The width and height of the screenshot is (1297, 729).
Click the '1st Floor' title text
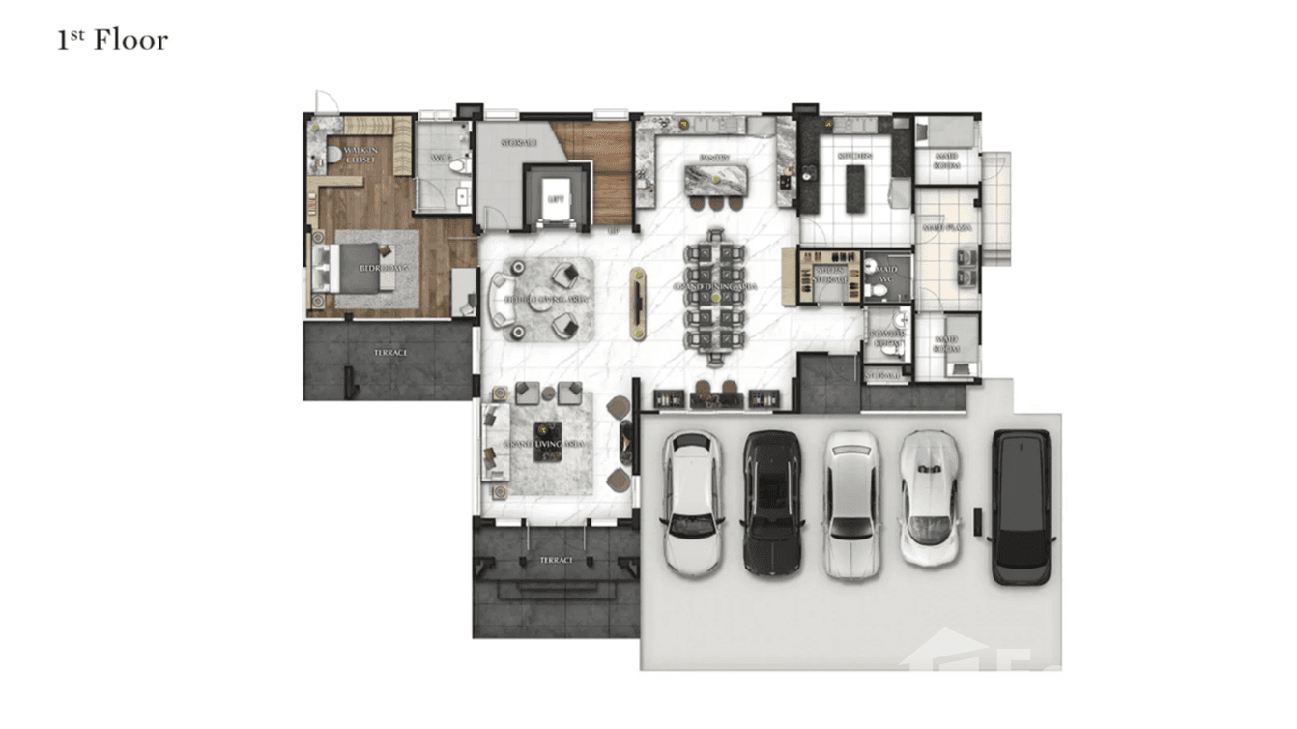click(112, 41)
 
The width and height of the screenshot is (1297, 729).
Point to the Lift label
click(555, 198)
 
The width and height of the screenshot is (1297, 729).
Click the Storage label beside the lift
click(518, 143)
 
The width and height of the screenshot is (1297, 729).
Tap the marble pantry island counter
click(715, 179)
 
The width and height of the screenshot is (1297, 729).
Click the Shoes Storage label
click(830, 275)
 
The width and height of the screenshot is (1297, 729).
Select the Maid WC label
click(886, 274)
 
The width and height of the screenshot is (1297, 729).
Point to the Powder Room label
click(886, 336)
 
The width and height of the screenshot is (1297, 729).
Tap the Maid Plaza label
click(946, 228)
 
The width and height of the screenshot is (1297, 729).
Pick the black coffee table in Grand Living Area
click(548, 441)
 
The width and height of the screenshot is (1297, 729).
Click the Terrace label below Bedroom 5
click(390, 353)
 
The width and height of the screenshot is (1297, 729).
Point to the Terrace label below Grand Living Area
click(556, 560)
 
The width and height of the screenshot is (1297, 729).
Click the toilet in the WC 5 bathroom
click(458, 165)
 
